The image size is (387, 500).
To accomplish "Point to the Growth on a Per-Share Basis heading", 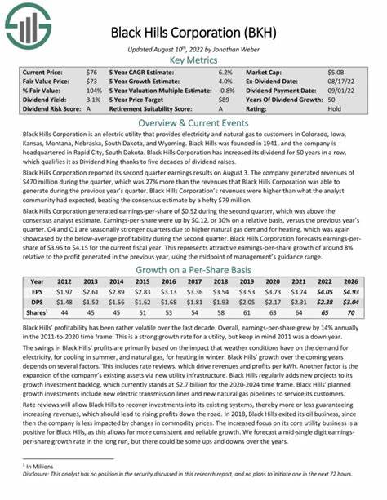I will point(193,268).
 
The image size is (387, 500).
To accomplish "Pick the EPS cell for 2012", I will point(64,292).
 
